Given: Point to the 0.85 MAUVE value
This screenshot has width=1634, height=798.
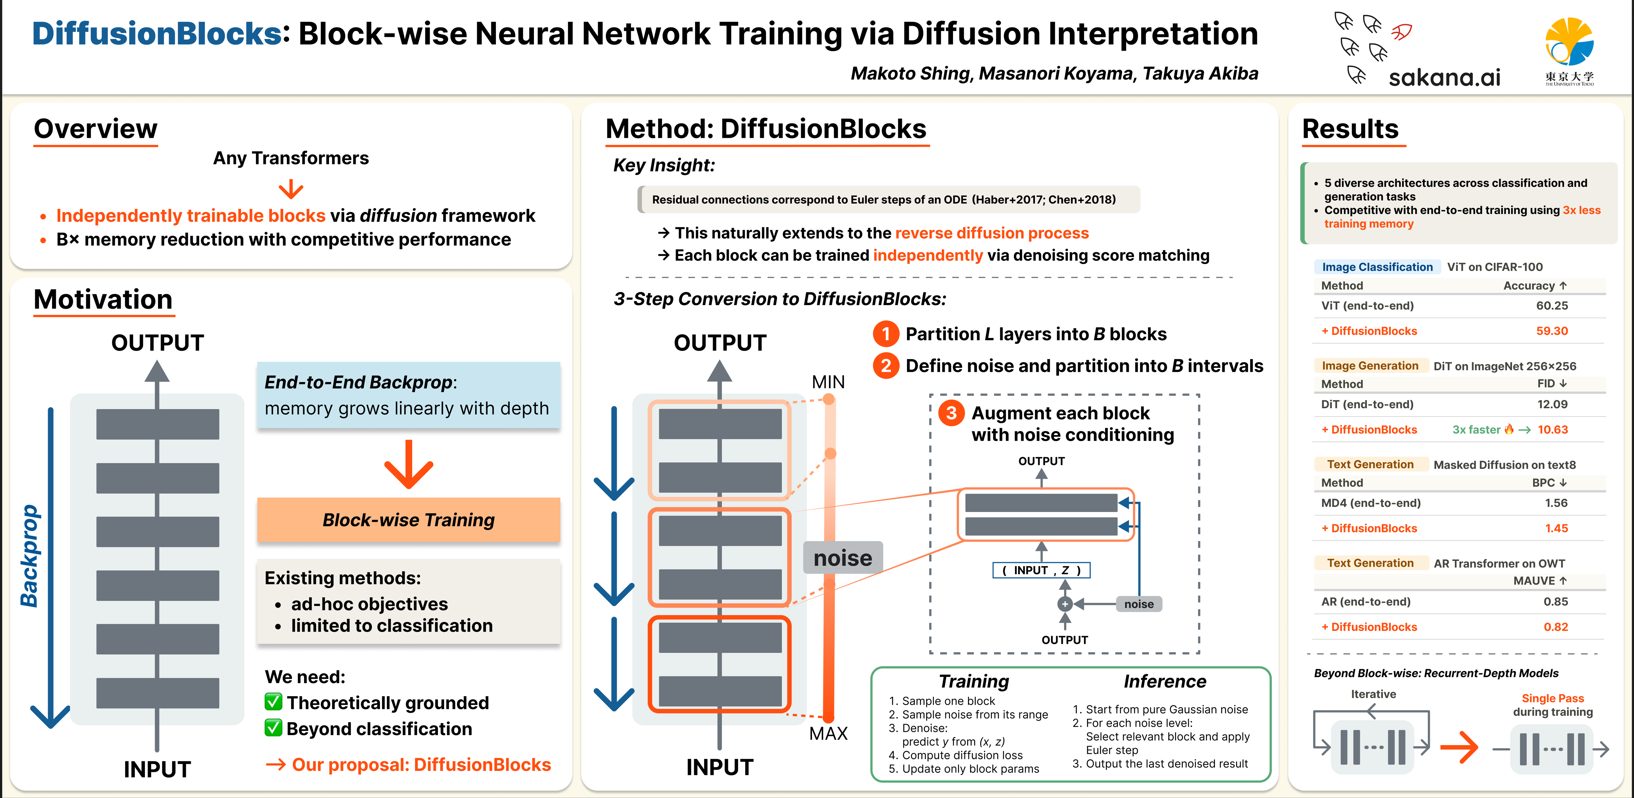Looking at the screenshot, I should coord(1555,601).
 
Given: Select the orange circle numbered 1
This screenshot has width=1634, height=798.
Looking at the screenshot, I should coord(886,334).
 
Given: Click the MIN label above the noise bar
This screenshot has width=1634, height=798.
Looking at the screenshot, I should coord(828,382).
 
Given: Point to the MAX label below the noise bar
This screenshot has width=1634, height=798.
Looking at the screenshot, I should coord(828,734).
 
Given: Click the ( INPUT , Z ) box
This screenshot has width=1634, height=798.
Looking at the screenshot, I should coord(1041,570).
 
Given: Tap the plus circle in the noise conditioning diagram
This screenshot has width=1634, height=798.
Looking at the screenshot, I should coord(1065,604).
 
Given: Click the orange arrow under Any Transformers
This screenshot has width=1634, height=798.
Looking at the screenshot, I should coord(291,189).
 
